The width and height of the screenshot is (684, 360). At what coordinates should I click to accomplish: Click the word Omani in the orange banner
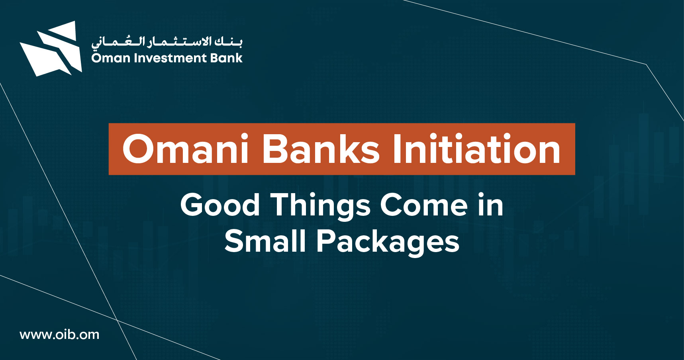(x=186, y=149)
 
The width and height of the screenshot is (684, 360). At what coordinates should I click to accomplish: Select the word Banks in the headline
(x=321, y=149)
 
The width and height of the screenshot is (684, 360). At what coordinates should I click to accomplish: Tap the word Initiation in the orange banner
(x=477, y=149)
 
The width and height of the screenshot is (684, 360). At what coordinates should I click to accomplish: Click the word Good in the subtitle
(x=220, y=205)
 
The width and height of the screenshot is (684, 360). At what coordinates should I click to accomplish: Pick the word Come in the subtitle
(x=424, y=205)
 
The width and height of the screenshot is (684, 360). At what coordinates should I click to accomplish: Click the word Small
(x=265, y=241)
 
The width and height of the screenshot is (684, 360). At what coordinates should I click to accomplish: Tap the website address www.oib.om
(x=59, y=335)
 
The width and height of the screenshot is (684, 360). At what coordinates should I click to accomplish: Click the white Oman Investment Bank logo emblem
(x=51, y=49)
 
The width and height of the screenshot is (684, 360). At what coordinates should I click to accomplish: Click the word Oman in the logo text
(x=111, y=58)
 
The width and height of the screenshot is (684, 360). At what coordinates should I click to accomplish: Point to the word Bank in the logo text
(x=226, y=58)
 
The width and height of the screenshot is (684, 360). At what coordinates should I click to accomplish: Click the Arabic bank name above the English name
(x=167, y=41)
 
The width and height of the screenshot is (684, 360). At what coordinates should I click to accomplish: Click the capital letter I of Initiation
(x=397, y=149)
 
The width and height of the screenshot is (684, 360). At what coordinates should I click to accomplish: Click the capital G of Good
(x=193, y=205)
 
